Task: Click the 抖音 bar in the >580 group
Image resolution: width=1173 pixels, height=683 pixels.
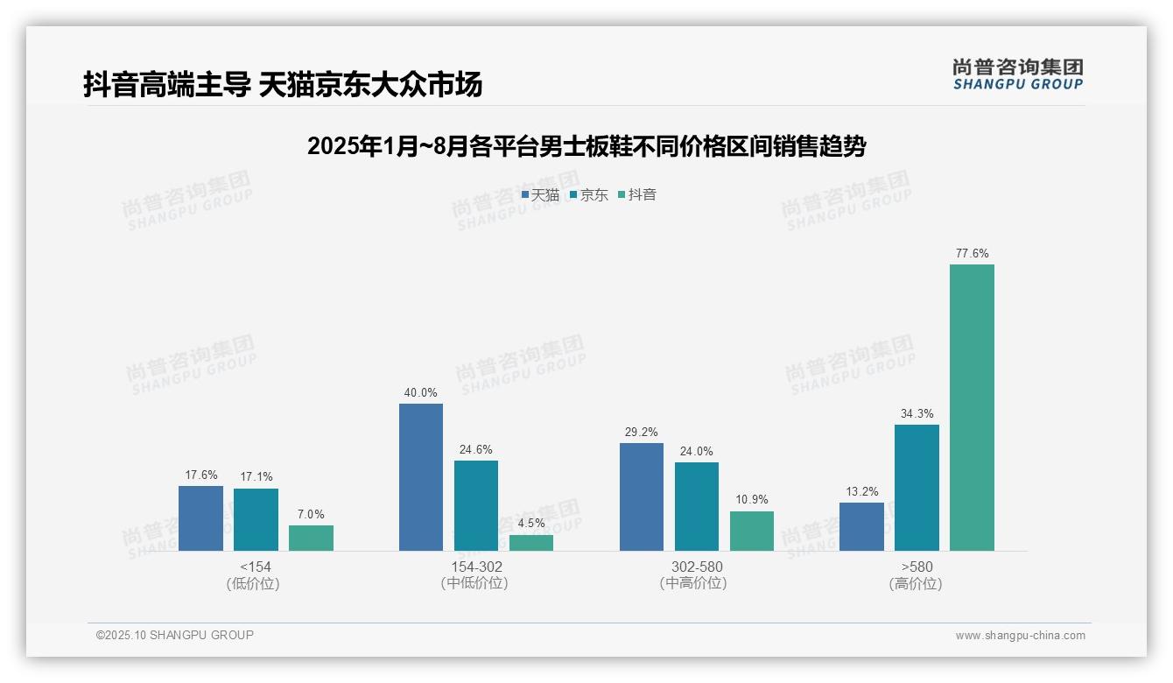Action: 972,407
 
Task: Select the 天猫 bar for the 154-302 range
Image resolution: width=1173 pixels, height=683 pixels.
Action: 421,477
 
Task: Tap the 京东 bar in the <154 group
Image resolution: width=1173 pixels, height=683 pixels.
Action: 256,519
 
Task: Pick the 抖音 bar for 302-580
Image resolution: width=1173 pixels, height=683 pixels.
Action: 752,531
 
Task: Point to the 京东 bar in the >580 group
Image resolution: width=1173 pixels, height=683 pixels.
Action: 917,488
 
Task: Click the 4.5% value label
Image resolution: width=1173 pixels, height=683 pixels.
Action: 531,524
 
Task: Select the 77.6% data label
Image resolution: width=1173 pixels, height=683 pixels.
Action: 972,254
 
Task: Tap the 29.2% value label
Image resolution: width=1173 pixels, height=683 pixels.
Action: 642,433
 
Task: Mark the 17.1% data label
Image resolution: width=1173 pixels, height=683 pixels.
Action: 256,477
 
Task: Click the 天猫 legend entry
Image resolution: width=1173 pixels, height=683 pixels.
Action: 540,195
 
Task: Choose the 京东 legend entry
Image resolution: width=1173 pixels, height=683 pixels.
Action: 589,195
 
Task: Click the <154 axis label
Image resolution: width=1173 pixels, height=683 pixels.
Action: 256,567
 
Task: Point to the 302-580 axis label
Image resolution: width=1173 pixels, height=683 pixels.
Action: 697,567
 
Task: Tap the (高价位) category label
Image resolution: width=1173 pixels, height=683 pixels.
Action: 916,584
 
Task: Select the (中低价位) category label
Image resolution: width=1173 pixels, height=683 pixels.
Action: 475,584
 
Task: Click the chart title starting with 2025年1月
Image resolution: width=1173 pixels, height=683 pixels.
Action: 586,146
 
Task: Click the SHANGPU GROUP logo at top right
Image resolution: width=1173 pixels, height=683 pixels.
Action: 1017,74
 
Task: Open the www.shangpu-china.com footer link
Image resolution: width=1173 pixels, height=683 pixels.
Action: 1020,636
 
